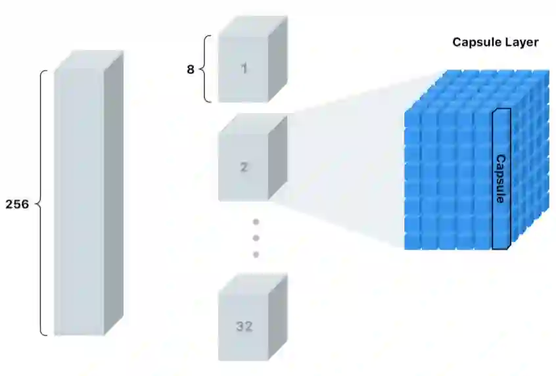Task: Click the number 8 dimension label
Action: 191,69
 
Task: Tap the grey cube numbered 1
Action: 244,68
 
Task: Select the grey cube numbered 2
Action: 244,167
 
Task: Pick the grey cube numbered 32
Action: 244,326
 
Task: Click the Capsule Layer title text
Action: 496,43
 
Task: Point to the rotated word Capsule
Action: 501,179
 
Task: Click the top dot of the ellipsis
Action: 256,222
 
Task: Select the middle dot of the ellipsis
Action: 256,238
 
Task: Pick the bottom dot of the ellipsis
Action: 256,254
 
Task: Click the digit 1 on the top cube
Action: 244,68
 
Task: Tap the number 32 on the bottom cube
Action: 244,326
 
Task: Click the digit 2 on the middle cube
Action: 244,167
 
